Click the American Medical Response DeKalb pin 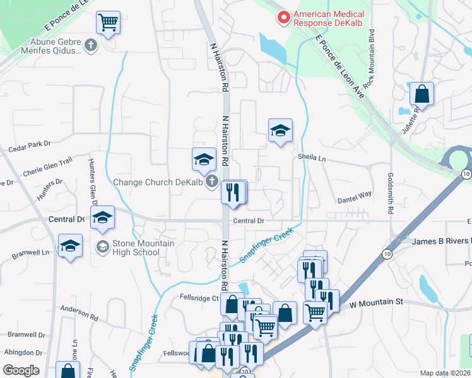pos(284,18)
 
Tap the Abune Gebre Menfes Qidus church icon pos(91,45)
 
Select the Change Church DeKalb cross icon pos(211,183)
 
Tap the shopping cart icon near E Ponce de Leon pos(108,23)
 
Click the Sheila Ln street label pos(312,159)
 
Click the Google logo pos(21,370)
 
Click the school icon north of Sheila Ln pos(280,130)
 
